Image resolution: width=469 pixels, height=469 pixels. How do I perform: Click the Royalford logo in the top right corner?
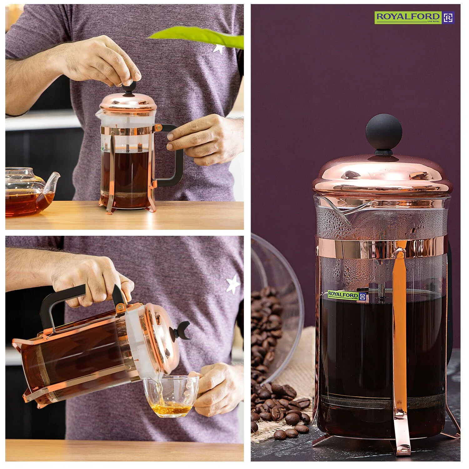pos(414,18)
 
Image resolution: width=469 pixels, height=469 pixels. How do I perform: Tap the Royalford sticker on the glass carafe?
pos(346,295)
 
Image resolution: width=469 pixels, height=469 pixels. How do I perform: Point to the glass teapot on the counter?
pos(27,192)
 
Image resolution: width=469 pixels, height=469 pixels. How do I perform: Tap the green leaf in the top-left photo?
pos(200,36)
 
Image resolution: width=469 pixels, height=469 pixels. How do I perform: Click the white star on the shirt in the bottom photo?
pos(233,284)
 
